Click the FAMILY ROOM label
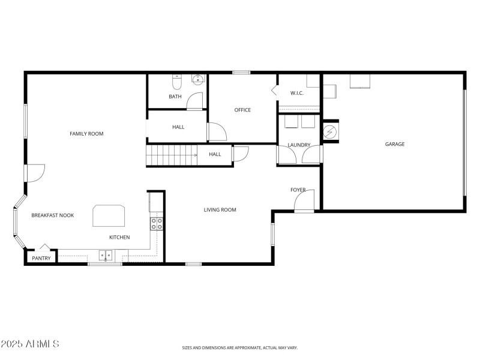pos(86,134)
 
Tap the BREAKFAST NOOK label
pos(53,215)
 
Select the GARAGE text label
pos(395,144)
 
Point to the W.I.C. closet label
pos(297,93)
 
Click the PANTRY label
pos(41,258)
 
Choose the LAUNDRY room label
pos(299,145)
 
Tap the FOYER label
pos(298,190)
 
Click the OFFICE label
pos(242,110)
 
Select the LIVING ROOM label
pos(220,210)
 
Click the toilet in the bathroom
pos(176,79)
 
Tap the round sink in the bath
pos(197,79)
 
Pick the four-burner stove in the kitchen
pos(157,224)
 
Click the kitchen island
pos(109,215)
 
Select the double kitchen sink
pos(106,256)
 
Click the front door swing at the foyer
pos(305,201)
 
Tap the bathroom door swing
pos(195,101)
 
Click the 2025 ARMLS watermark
pos(30,344)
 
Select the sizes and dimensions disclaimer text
pos(240,347)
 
